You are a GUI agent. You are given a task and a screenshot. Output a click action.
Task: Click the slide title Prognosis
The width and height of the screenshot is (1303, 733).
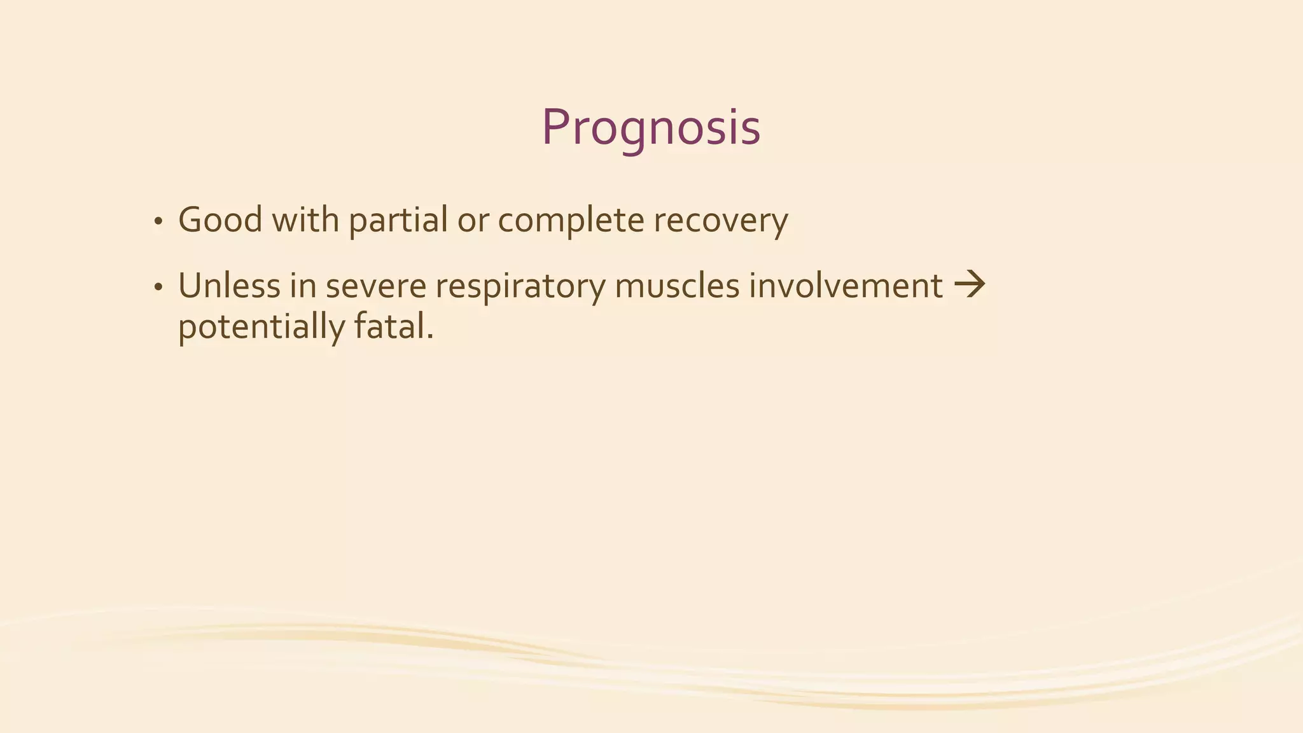[x=651, y=128]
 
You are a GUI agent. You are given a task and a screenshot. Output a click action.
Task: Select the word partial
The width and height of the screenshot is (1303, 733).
[x=398, y=221]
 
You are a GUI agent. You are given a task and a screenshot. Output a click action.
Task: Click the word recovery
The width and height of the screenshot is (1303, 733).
[x=721, y=221]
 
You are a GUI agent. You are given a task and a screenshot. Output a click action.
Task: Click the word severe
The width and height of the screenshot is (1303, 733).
[x=375, y=286]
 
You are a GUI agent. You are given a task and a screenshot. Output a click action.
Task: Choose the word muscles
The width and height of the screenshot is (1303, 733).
[x=677, y=286]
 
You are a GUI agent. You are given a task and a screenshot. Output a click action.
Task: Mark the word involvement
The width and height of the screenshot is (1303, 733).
[x=846, y=286]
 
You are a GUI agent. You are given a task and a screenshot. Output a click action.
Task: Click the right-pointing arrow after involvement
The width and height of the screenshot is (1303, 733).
[x=970, y=284]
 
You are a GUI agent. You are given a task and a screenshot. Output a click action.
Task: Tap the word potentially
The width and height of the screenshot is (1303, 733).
[x=261, y=327]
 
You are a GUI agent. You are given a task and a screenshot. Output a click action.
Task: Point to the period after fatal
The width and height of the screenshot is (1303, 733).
[x=430, y=337]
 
